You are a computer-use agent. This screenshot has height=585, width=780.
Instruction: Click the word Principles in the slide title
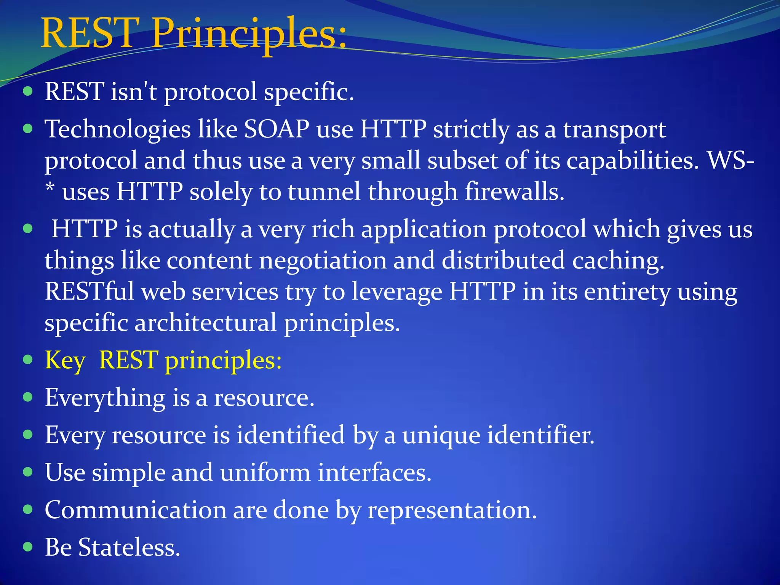tap(249, 34)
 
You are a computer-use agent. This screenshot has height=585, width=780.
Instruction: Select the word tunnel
tap(324, 191)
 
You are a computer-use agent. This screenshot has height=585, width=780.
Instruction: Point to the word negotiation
tap(323, 261)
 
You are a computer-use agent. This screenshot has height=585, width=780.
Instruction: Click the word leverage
tap(396, 292)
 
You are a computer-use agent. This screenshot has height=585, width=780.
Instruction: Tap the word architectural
tap(206, 323)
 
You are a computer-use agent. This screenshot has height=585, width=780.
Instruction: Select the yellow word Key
tap(65, 360)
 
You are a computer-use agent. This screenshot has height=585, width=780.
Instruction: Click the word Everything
tap(105, 398)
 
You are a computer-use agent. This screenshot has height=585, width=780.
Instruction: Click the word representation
tap(452, 510)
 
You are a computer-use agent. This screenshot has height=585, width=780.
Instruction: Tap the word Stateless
tap(129, 547)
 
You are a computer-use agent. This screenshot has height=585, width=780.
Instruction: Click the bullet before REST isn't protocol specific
tap(28, 91)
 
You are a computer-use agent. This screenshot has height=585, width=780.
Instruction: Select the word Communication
tap(136, 510)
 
